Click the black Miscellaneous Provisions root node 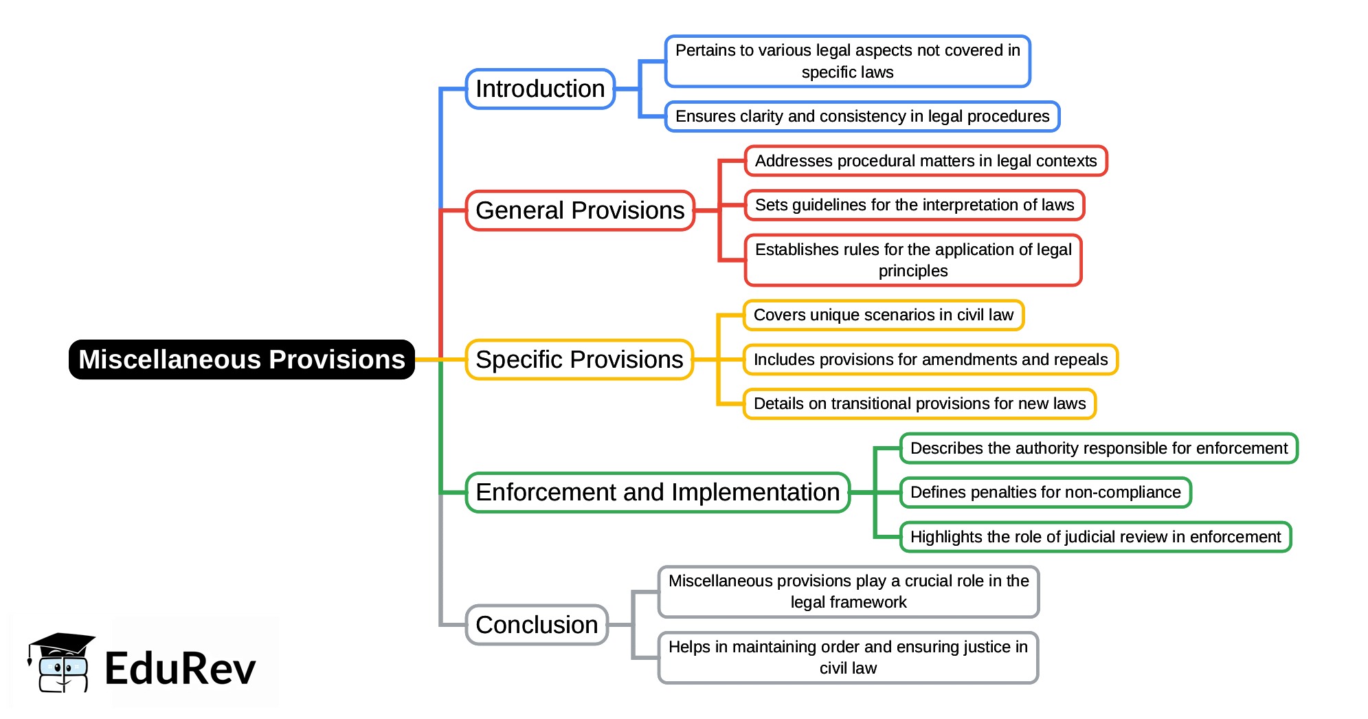[242, 359]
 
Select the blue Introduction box [540, 89]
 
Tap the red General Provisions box [580, 210]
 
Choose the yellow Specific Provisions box [579, 359]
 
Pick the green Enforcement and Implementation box [658, 492]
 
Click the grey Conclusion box [537, 625]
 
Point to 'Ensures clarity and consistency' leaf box [862, 116]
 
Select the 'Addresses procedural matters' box [926, 161]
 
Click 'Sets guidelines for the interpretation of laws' [915, 205]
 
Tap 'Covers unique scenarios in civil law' [884, 315]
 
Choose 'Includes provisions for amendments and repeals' [930, 359]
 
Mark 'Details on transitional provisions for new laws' [919, 403]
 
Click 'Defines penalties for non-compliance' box [1045, 492]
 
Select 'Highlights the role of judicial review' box [1095, 537]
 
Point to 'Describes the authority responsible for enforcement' [1099, 448]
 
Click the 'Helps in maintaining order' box [848, 658]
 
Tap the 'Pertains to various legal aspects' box [847, 61]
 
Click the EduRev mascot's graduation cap [62, 644]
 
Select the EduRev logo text [180, 668]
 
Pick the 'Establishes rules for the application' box [913, 260]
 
